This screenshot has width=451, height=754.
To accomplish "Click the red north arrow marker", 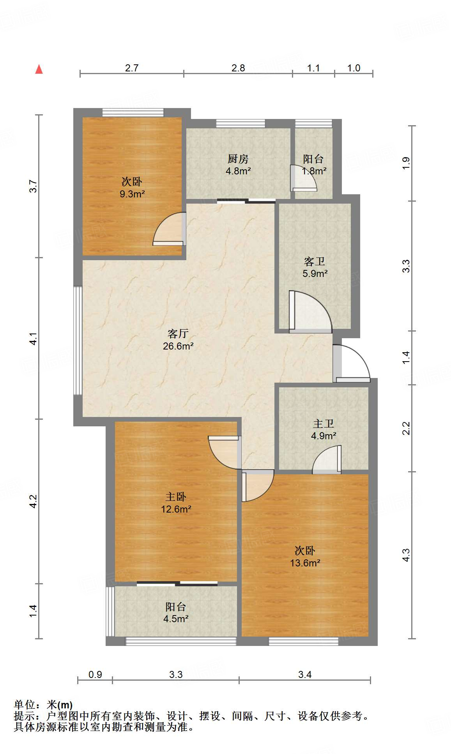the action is [x=39, y=69].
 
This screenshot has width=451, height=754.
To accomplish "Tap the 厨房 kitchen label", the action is [x=238, y=159].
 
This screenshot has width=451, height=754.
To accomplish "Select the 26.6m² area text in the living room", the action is [x=178, y=346].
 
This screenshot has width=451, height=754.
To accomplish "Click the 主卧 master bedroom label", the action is [x=176, y=497].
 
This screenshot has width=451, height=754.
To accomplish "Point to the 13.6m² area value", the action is [x=305, y=563].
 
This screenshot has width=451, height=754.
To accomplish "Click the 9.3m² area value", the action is [x=132, y=194].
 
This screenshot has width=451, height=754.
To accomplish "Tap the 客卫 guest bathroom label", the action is [x=315, y=261].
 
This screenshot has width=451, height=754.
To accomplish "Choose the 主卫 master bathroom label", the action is [x=324, y=424].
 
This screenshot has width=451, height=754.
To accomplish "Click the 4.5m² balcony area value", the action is [x=176, y=619].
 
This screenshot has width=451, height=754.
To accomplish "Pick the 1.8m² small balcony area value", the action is [x=314, y=171].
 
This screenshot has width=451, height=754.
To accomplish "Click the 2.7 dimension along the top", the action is [x=132, y=68].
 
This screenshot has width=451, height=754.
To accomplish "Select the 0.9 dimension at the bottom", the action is [x=95, y=674].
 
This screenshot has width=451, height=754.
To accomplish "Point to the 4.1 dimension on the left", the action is [x=34, y=339].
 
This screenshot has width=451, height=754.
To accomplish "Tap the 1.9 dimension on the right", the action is [x=406, y=163].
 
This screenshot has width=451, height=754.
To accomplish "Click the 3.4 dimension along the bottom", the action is [x=305, y=674].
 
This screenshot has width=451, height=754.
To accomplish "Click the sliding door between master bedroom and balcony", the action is [x=177, y=584].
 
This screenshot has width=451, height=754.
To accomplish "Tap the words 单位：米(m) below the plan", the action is [x=43, y=705].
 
